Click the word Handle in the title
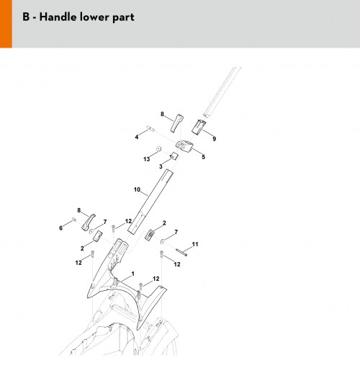click(x=58, y=17)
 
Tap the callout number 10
click(x=137, y=189)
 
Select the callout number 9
click(x=214, y=138)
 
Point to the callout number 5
click(x=203, y=157)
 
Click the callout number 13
click(x=146, y=159)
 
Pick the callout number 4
click(x=137, y=137)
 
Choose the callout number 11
click(x=195, y=244)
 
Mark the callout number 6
click(x=60, y=228)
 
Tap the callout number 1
click(x=132, y=274)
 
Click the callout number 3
click(x=161, y=166)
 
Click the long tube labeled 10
click(x=150, y=201)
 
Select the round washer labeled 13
click(x=158, y=148)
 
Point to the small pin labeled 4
click(x=150, y=128)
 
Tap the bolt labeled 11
click(x=181, y=252)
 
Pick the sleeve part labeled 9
click(x=199, y=127)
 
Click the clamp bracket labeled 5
click(x=184, y=146)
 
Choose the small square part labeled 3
click(x=174, y=156)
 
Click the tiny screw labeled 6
click(x=74, y=219)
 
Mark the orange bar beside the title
click(x=6, y=24)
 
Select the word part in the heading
click(x=123, y=18)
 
